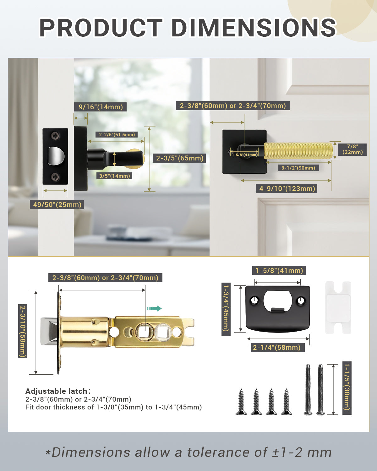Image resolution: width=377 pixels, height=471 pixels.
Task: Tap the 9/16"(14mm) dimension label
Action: point(101,107)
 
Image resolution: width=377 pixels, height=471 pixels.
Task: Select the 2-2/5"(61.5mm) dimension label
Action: point(117,134)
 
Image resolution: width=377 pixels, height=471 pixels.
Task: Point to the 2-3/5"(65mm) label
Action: point(180,158)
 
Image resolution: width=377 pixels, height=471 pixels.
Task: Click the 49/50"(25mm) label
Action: point(57,205)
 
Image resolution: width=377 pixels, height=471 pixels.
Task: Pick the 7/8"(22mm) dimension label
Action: point(352,149)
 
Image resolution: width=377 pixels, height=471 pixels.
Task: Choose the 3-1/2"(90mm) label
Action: point(298,168)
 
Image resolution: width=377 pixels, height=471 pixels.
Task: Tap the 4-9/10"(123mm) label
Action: point(287,188)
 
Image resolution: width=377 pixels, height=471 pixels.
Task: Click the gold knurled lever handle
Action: point(298,151)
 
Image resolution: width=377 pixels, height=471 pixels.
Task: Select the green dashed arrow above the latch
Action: point(154,308)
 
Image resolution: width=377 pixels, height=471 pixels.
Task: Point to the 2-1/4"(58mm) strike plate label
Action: point(277,347)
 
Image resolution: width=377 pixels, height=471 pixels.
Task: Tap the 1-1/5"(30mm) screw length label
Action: point(347,388)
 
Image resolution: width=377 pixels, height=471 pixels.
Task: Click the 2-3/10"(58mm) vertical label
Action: point(23,331)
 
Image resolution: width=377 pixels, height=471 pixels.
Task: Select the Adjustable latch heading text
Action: point(58,391)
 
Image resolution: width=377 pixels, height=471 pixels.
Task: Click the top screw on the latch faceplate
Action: point(56,136)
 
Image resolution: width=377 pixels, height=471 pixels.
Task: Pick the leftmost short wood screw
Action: point(241,402)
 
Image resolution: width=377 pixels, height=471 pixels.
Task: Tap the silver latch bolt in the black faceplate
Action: point(56,156)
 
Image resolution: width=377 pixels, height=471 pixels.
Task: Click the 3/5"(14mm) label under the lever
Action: point(114,176)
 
